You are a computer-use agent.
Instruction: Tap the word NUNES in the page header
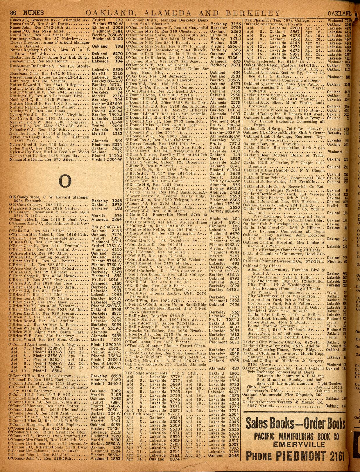[x=34, y=13]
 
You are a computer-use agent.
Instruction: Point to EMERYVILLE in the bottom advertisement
[x=293, y=445]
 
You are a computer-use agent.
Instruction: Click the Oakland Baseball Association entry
[x=273, y=147]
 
